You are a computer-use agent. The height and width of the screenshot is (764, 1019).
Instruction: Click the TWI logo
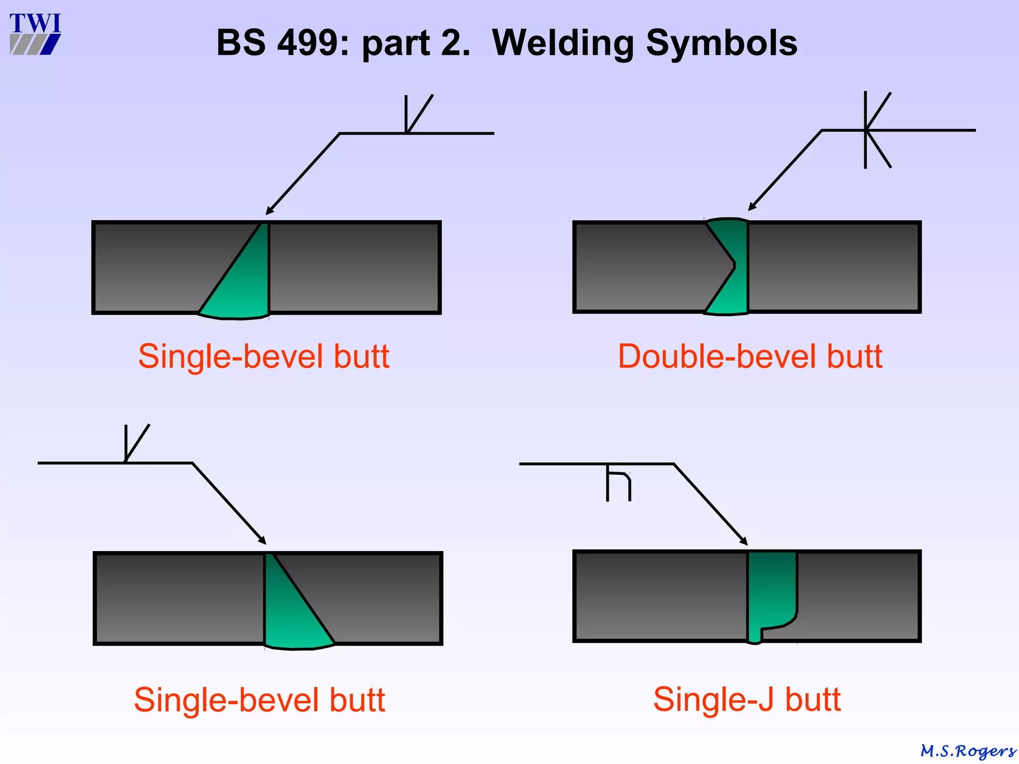[35, 34]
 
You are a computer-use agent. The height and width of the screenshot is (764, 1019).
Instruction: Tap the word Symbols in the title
[721, 43]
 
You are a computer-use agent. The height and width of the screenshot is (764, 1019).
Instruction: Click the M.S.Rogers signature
[968, 751]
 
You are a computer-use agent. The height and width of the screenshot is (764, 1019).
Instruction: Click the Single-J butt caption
[747, 699]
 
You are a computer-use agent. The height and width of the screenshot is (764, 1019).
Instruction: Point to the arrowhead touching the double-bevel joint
[752, 206]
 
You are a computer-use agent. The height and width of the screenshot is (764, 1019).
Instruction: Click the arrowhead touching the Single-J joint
[743, 541]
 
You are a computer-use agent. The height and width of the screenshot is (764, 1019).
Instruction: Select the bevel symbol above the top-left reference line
[415, 114]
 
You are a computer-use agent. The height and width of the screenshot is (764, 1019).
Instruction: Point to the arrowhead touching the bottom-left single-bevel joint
[262, 540]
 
